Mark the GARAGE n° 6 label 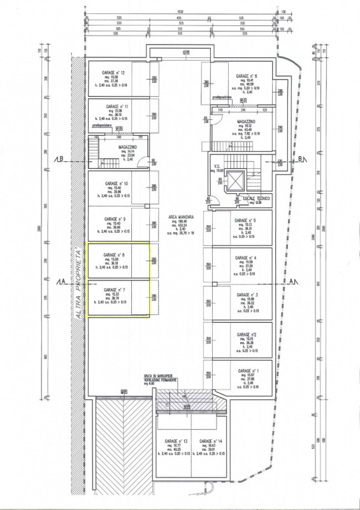[246, 76]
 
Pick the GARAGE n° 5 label [245, 220]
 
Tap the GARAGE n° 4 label [245, 258]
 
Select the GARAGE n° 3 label [245, 295]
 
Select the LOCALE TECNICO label [256, 198]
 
